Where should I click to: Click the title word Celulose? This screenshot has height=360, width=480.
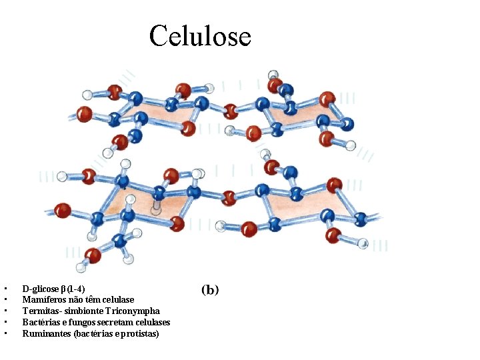200,35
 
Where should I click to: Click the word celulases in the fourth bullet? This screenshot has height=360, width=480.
152,323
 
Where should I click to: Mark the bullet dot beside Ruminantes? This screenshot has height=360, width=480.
5,333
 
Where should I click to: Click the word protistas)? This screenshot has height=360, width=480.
141,333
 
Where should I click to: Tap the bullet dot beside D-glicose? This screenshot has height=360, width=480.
5,289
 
